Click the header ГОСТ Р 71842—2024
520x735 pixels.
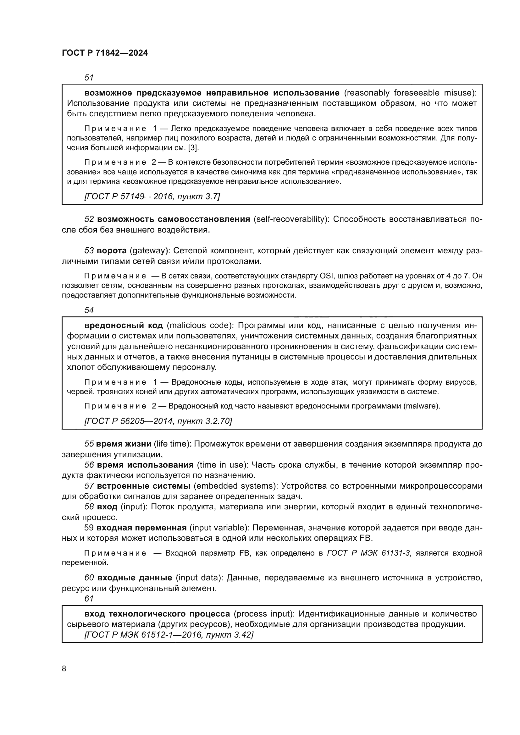click(105, 53)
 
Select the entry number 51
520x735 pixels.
click(89, 78)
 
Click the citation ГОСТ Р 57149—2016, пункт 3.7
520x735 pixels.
click(152, 196)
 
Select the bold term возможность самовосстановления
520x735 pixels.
click(173, 219)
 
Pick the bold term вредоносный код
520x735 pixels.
click(124, 326)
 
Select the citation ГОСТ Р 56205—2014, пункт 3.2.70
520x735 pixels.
click(158, 421)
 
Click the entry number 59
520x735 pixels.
click(89, 528)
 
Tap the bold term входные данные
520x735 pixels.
click(135, 578)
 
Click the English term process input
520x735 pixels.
click(264, 614)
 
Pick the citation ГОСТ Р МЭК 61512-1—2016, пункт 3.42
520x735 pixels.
click(169, 634)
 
